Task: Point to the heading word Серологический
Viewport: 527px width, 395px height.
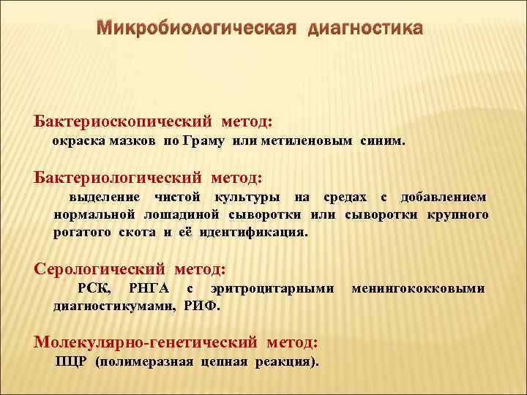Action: tap(98, 269)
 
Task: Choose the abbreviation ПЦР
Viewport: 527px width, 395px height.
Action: tap(72, 361)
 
